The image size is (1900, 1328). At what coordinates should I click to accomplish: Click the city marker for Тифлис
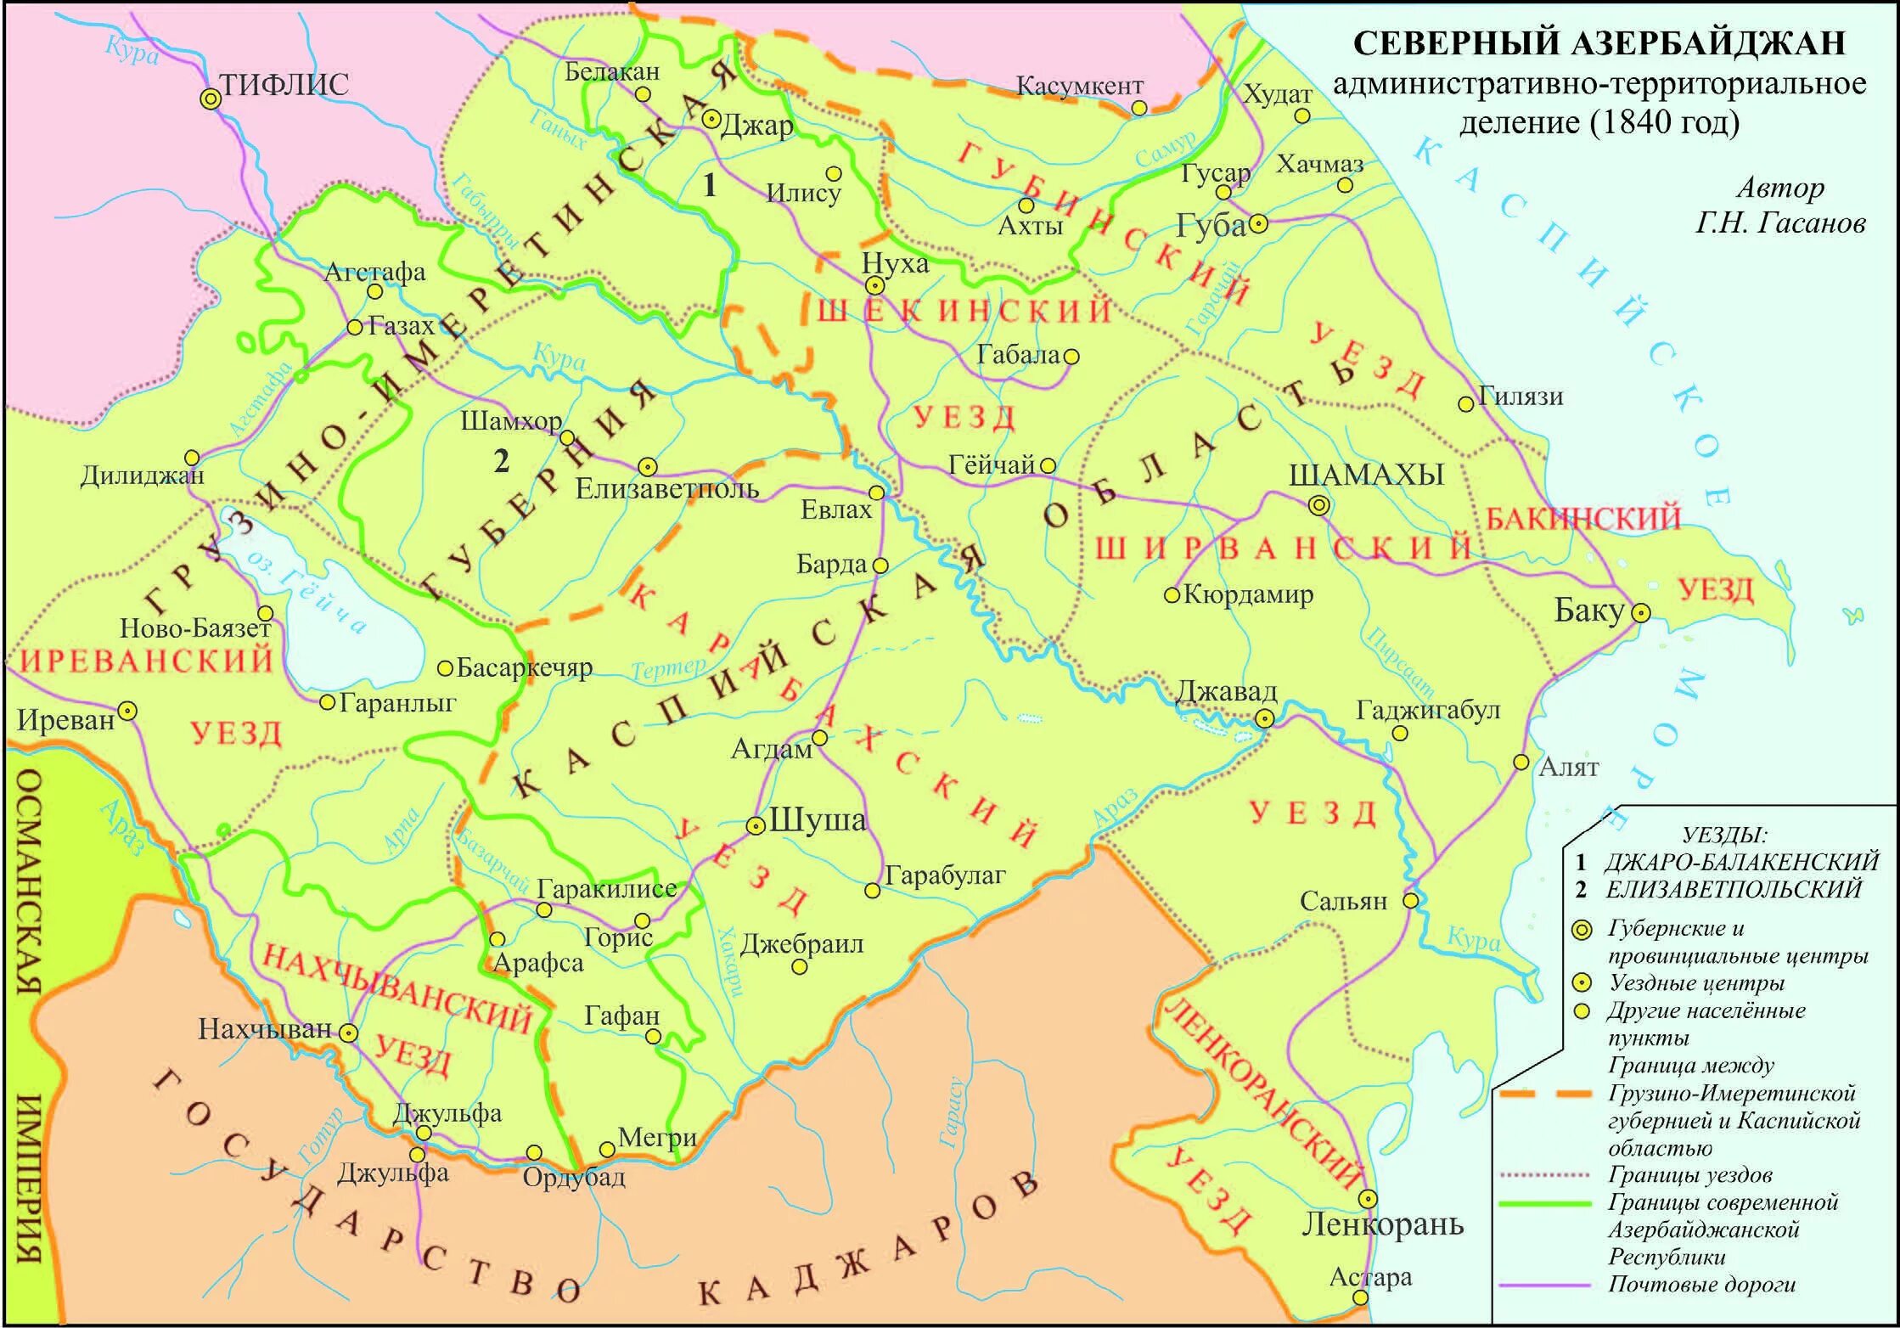(210, 99)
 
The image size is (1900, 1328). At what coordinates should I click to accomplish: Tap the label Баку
(1588, 610)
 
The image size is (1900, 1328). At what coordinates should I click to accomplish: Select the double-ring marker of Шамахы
(1318, 506)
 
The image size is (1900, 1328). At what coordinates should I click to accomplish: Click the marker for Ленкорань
(1368, 1199)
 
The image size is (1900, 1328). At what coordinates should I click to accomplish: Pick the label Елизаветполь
(666, 489)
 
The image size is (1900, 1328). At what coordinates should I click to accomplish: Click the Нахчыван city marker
(349, 1033)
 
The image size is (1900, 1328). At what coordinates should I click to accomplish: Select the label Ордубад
(574, 1177)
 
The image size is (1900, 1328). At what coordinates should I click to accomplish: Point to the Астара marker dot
(1360, 1297)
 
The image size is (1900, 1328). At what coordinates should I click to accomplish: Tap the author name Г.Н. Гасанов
(1780, 222)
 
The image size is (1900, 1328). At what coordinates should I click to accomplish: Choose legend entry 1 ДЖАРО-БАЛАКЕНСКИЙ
(1729, 862)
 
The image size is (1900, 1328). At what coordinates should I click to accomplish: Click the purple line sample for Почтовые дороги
(1544, 1285)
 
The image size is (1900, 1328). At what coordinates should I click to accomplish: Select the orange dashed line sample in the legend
(1544, 1094)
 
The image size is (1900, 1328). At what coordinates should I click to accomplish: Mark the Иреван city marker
(127, 710)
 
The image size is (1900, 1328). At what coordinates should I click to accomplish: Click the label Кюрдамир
(1248, 594)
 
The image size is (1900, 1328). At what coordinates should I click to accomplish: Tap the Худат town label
(1277, 93)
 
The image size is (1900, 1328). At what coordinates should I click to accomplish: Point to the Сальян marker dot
(1410, 900)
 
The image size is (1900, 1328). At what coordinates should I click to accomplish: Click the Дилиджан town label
(142, 475)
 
